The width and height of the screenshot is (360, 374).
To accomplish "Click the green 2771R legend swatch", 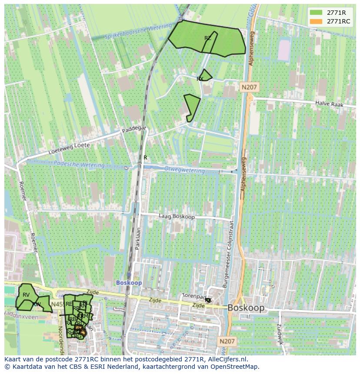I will pyautogui.click(x=316, y=13).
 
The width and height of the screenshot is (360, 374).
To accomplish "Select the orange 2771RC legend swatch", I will pyautogui.click(x=316, y=21).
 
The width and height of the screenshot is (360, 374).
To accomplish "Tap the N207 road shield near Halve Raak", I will pyautogui.click(x=249, y=87).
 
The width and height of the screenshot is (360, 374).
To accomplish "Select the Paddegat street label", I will pyautogui.click(x=134, y=129).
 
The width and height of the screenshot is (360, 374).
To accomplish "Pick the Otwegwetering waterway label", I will pyautogui.click(x=183, y=170).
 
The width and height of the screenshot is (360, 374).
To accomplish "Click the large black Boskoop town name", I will pyautogui.click(x=246, y=308).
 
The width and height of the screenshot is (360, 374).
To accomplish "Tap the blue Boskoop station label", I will pyautogui.click(x=129, y=282).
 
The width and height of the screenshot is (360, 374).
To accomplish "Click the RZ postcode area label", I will pyautogui.click(x=208, y=38).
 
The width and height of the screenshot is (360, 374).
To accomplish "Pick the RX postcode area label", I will pyautogui.click(x=200, y=79).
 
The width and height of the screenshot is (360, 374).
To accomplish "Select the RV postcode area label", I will pyautogui.click(x=26, y=295).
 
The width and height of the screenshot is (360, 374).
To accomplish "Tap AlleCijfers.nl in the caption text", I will pyautogui.click(x=227, y=359).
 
